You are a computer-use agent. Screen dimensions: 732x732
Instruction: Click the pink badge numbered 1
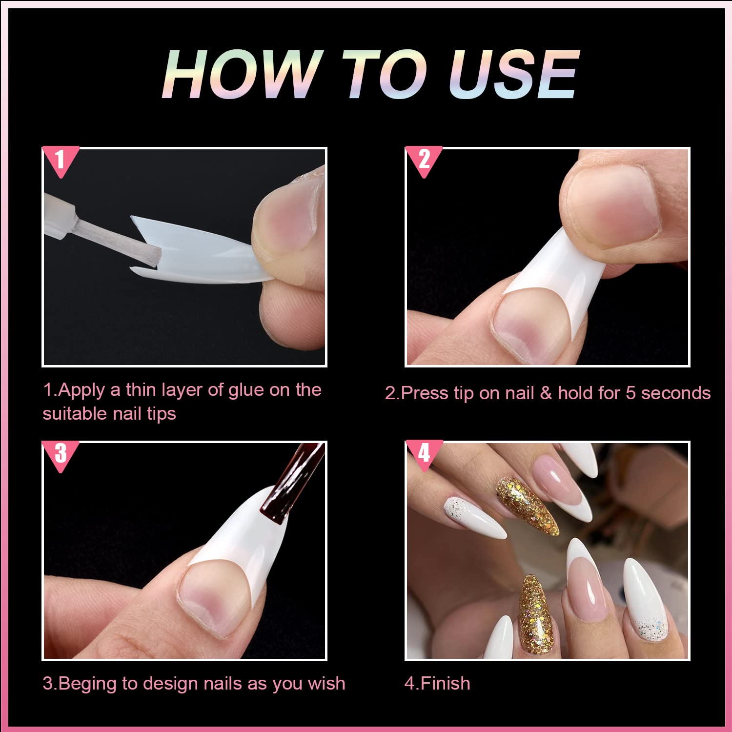(x=60, y=160)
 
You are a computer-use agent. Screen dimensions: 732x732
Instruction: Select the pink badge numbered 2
(x=424, y=160)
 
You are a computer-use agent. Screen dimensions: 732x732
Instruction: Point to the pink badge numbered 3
(x=60, y=454)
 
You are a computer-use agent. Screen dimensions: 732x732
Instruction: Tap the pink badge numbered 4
(x=424, y=454)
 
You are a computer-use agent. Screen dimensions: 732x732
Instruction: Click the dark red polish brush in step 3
(x=288, y=488)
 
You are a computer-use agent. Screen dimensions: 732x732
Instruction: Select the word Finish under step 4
(x=445, y=684)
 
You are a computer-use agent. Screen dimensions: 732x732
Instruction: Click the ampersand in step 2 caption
(x=546, y=393)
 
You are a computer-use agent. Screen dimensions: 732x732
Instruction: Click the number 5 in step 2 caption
(x=630, y=393)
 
